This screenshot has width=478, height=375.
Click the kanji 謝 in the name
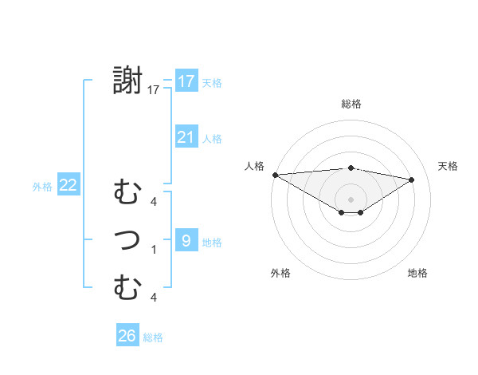point(127,81)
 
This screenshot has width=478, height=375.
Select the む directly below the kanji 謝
point(127,192)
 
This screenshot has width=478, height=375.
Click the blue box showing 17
point(186,81)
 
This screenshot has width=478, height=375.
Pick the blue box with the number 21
point(186,137)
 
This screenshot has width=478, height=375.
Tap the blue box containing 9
point(186,240)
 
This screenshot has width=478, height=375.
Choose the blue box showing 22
point(69,185)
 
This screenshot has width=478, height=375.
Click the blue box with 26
point(127,336)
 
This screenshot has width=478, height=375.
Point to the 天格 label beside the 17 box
point(211,82)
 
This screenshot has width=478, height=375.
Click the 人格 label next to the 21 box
point(212,139)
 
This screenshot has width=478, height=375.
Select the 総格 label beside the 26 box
point(153,337)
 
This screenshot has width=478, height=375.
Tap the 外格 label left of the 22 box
point(42,187)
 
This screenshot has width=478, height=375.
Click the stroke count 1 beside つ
point(153,250)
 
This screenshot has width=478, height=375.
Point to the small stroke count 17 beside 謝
point(153,90)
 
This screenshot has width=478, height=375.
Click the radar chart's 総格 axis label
point(351,104)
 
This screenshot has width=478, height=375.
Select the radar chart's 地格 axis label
point(417,273)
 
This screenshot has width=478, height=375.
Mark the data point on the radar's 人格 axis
point(275,174)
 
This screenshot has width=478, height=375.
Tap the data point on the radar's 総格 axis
point(351,168)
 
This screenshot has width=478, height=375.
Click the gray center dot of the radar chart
point(351,198)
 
